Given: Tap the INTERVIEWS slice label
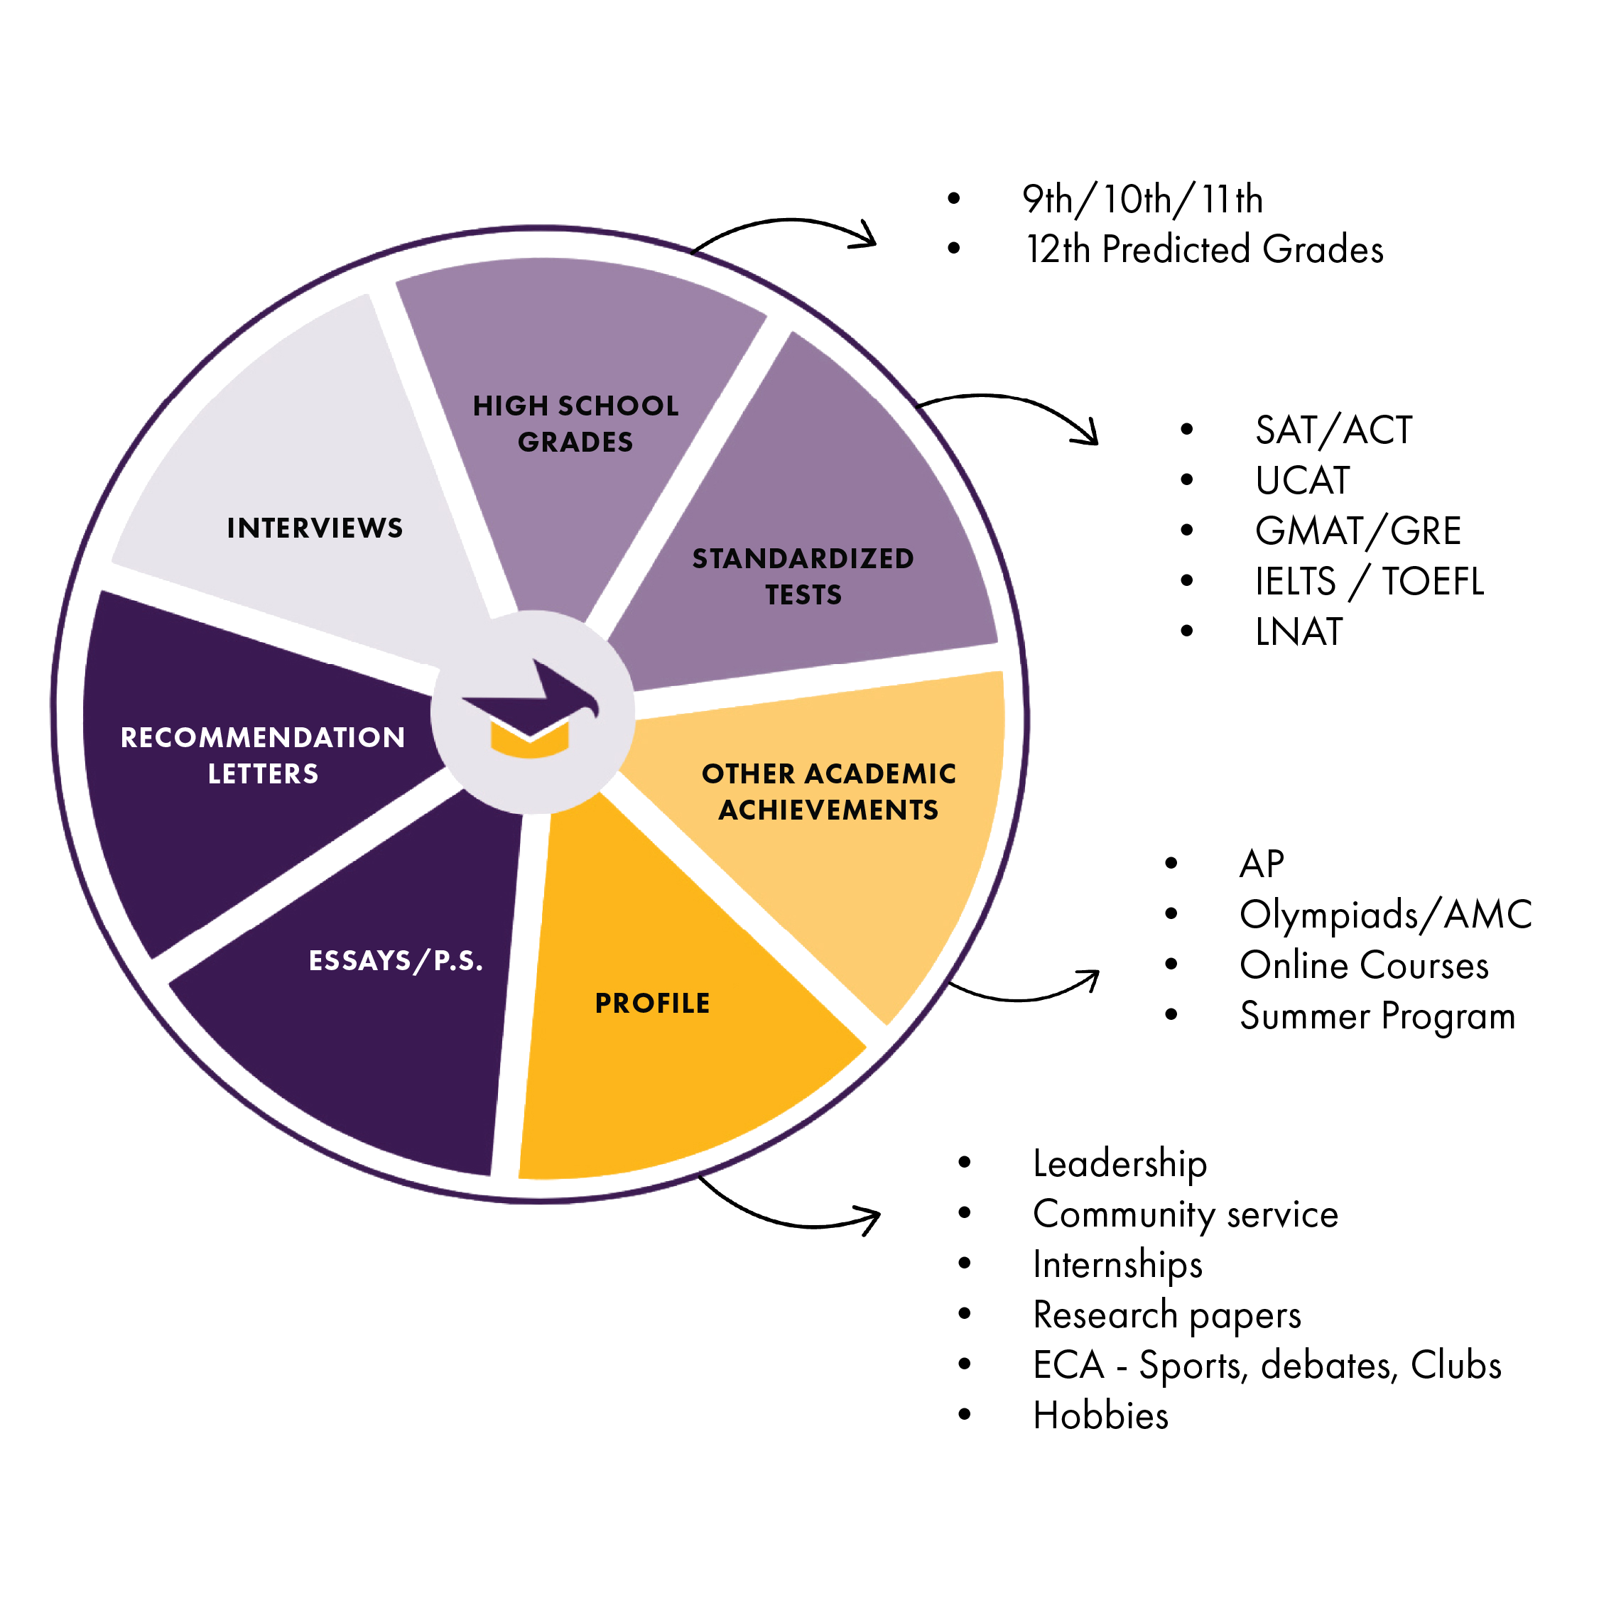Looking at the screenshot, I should [315, 528].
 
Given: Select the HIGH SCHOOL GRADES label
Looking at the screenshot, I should [575, 424].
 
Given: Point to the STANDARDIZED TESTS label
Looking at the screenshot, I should [803, 576].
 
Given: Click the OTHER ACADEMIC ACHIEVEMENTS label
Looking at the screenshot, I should [828, 791].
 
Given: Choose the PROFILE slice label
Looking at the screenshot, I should [652, 1003].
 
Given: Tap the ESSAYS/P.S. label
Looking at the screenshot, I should [396, 960].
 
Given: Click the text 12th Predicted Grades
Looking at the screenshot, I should [1204, 249].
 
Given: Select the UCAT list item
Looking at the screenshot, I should [1302, 480].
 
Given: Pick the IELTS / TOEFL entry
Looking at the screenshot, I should [1369, 581].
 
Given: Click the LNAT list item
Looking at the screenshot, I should [1299, 631].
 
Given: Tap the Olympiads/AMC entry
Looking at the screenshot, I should [1385, 915].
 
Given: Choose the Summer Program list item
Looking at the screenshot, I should [1377, 1016].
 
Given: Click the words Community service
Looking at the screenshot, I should [1185, 1214].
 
